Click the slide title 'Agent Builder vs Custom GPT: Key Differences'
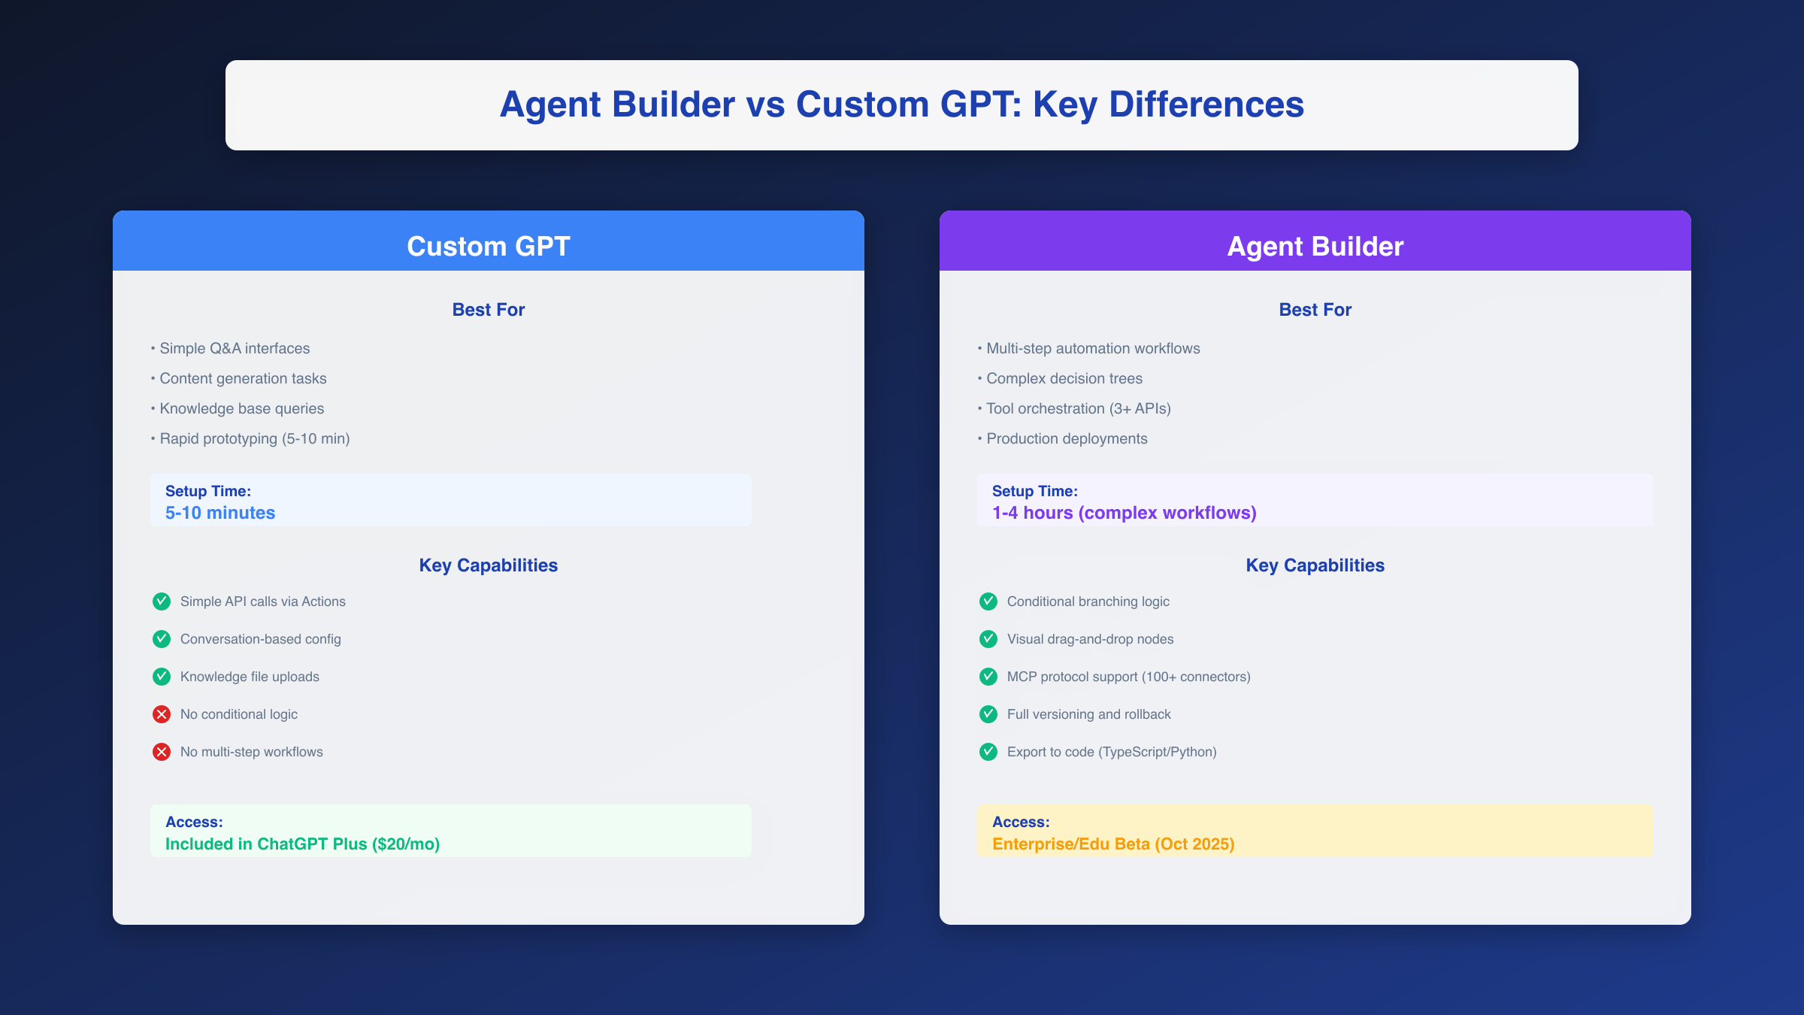[901, 105]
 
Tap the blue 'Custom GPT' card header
[489, 246]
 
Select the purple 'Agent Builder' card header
[1315, 246]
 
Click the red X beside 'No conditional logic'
[162, 714]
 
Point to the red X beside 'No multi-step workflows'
[162, 752]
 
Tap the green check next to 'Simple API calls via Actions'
[162, 601]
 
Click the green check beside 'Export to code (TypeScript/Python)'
[988, 752]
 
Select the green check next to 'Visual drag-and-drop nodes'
[988, 639]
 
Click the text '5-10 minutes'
[220, 513]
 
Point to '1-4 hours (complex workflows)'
[1124, 513]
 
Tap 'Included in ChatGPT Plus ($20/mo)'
[302, 844]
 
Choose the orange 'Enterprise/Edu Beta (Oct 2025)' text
[1113, 844]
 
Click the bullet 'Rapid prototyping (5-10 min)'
[254, 438]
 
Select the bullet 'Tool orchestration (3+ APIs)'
[1078, 408]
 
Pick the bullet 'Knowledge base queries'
[241, 408]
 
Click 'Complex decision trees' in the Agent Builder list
[1064, 378]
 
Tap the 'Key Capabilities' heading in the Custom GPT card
[489, 565]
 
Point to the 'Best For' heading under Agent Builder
[1315, 310]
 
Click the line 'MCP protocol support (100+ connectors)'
[1128, 677]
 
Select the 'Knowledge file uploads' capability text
[250, 677]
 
